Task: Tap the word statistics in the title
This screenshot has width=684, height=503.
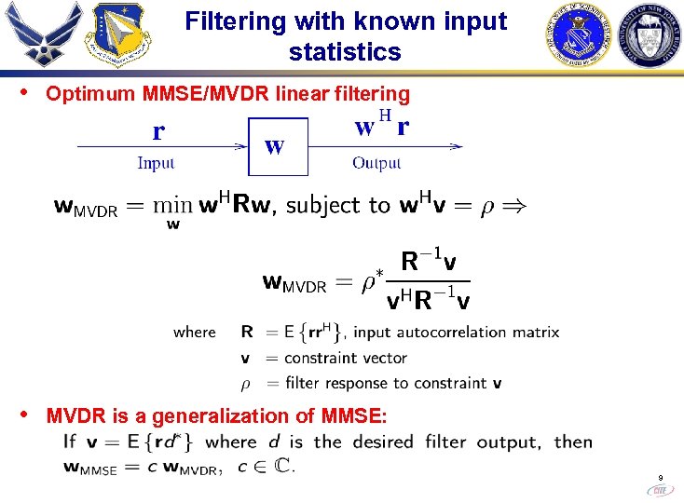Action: click(345, 51)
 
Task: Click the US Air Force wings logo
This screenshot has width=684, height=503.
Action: click(42, 35)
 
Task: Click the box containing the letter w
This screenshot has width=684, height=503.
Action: click(277, 146)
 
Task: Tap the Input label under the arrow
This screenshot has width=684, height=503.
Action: click(156, 164)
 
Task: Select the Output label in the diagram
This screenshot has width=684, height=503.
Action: click(376, 164)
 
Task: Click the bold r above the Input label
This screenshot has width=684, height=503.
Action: click(158, 131)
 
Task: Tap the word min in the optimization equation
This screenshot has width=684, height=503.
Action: click(173, 205)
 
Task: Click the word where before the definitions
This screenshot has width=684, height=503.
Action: click(194, 332)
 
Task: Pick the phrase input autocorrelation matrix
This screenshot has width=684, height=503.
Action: click(458, 332)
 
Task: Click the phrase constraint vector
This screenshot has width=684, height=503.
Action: click(346, 358)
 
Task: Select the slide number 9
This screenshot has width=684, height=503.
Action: click(660, 475)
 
